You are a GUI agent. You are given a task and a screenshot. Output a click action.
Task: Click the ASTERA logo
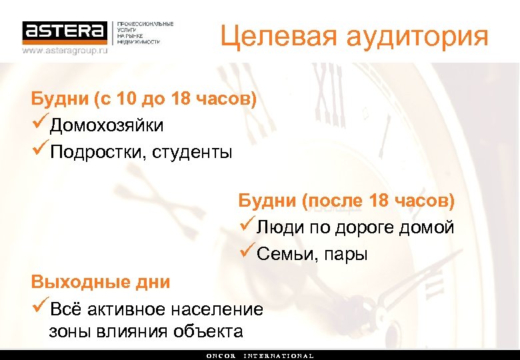point(65,31)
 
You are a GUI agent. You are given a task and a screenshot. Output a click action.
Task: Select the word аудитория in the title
point(418,37)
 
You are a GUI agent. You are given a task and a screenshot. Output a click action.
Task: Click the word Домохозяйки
point(107,125)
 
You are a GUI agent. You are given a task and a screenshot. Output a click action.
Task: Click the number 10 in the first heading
point(125,99)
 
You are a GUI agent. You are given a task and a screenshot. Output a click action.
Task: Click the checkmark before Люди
point(246,227)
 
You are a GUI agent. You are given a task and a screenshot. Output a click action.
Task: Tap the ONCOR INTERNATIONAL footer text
point(260,355)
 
